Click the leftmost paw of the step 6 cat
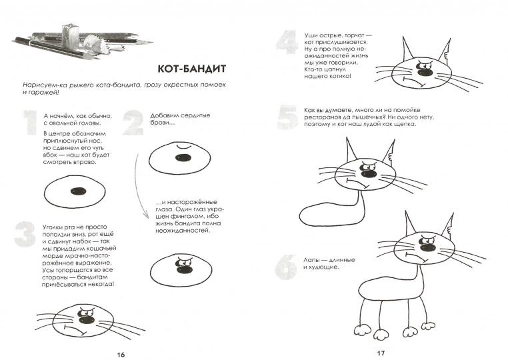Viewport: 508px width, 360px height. (361, 331)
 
